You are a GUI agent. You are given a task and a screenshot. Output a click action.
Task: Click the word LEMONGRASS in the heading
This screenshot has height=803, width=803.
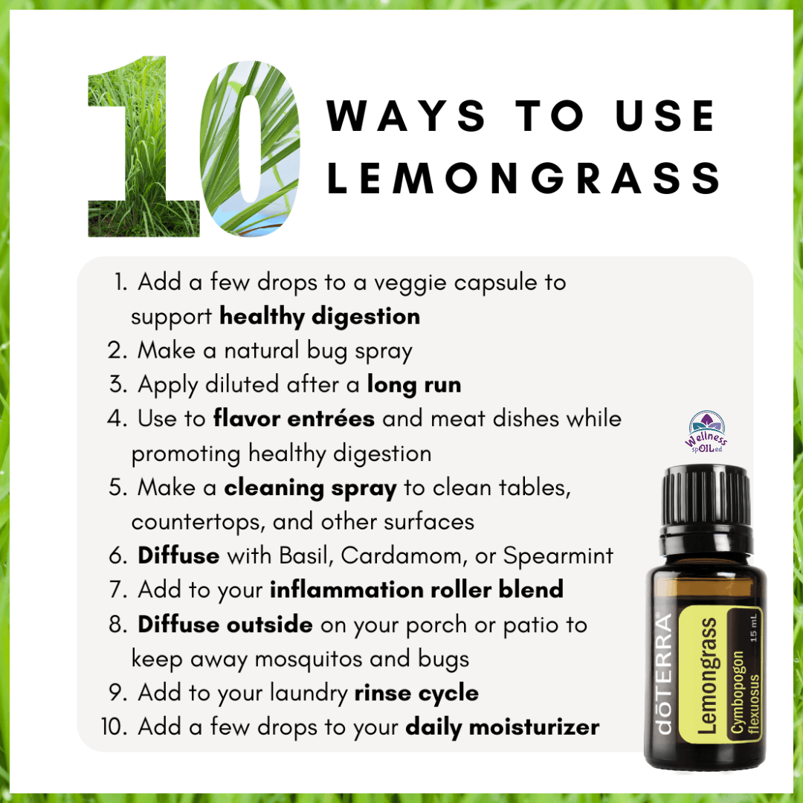pos(523,178)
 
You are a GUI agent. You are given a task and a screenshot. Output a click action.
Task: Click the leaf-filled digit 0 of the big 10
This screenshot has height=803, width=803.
pos(250,149)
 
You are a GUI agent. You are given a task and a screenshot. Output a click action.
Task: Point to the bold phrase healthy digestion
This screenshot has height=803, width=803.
pos(320,317)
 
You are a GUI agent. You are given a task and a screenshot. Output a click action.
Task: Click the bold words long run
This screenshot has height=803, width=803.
pos(414,385)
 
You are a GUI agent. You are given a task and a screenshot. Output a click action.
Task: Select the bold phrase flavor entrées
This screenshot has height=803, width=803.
pos(294,419)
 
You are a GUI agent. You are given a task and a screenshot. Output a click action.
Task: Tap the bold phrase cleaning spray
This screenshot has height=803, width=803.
pos(310,488)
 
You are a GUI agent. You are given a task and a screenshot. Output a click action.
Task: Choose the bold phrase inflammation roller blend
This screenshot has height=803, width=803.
pos(416,589)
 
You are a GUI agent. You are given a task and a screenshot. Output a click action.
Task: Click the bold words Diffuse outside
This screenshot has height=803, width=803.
pos(225,624)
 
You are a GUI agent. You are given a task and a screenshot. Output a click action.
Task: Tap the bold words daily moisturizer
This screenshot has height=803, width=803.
pos(503,727)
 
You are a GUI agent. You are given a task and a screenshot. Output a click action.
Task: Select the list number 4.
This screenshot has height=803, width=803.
pos(117,419)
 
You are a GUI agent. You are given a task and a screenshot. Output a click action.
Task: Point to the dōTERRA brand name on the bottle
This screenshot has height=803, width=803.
pos(664,673)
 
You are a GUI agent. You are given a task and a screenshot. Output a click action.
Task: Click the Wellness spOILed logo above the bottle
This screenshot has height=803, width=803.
pos(707,432)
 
